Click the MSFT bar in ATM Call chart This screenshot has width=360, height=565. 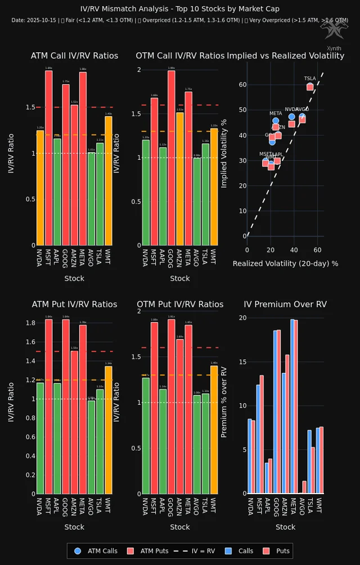click(x=49, y=158)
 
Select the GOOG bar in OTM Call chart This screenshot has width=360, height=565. click(x=172, y=158)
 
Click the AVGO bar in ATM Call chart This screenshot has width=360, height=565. click(x=91, y=199)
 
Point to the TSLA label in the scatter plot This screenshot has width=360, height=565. click(x=310, y=79)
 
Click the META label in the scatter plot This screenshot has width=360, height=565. click(x=276, y=114)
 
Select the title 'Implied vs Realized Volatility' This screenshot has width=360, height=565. click(x=285, y=56)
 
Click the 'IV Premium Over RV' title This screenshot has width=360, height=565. click(x=285, y=304)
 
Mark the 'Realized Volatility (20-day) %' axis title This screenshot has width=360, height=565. click(x=285, y=263)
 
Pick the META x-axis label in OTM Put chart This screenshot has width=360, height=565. click(x=188, y=509)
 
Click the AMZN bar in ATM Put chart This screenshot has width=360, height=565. click(x=74, y=422)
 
